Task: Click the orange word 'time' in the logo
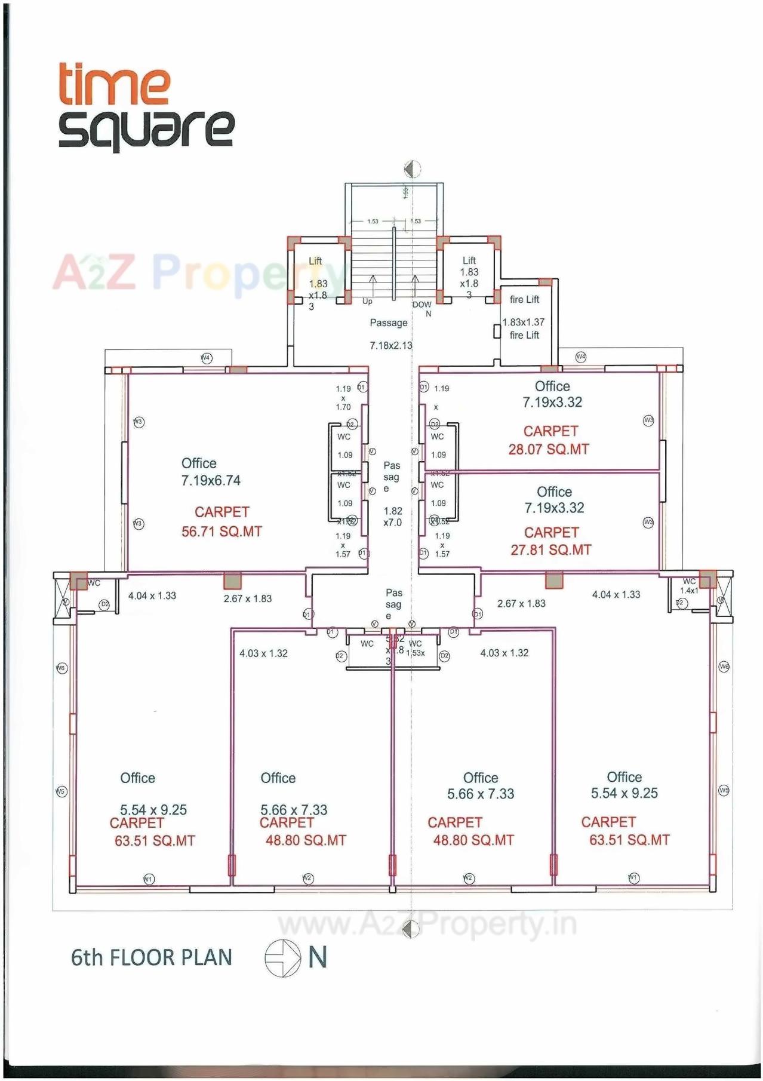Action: [113, 85]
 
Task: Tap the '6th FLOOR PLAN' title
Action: [151, 957]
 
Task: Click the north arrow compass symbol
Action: [283, 958]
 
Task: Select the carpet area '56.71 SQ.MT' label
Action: [221, 532]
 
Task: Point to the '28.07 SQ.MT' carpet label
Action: [549, 450]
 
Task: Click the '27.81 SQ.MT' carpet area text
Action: [550, 550]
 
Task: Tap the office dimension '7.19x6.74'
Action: [211, 481]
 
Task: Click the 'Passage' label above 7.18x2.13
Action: [389, 323]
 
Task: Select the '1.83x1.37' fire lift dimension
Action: [524, 323]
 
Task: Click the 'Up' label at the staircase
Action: [367, 302]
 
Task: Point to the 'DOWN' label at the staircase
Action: [422, 305]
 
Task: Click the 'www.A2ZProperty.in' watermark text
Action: [427, 925]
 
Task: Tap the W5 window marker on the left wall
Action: [61, 792]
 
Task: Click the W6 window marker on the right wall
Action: [724, 667]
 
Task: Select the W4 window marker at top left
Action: [206, 358]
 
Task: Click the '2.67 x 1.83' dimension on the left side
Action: [248, 598]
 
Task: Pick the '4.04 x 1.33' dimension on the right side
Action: [616, 595]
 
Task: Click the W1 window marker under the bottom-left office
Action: [149, 879]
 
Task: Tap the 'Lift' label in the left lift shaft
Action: [315, 261]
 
